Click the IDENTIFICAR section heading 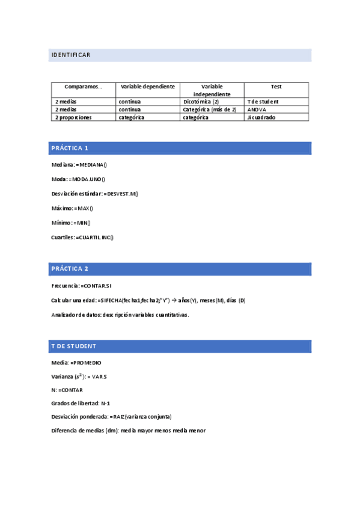[71, 55]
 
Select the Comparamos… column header [83, 87]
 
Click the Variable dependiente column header [147, 87]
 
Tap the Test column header [276, 87]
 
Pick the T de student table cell [263, 102]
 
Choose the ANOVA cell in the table [257, 109]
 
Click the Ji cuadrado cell [261, 118]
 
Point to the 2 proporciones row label [73, 118]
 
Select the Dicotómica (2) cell [201, 102]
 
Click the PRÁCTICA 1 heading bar [180, 148]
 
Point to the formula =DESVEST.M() [121, 194]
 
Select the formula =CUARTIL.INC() [94, 238]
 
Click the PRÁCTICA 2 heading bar [180, 269]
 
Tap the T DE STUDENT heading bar [180, 346]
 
